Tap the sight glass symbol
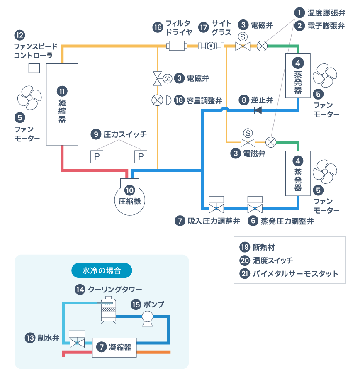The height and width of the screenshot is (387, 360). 211,46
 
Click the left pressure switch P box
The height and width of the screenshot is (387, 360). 97,157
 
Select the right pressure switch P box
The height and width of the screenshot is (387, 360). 141,157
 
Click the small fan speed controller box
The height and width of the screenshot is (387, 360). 34,68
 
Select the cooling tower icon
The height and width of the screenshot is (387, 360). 109,309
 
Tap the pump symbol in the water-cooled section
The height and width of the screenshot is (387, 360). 147,318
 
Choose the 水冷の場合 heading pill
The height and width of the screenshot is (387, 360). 102,271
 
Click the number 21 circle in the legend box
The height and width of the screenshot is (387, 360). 245,274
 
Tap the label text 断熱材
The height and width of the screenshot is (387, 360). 263,248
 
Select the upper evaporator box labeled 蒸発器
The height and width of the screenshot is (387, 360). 298,75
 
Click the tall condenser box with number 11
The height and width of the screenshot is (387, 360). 62,104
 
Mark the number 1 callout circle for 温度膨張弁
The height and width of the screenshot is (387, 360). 299,12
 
